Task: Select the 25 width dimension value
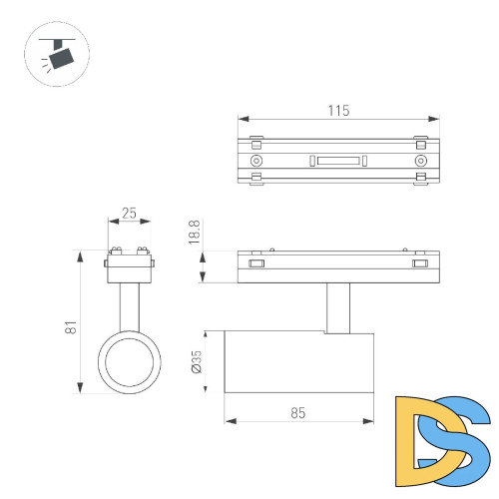(129, 214)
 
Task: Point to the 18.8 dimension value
(196, 236)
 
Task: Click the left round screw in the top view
(256, 161)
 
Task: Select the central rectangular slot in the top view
(338, 161)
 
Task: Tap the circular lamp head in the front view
(128, 362)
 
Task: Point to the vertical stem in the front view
(128, 304)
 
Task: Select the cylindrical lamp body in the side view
(299, 362)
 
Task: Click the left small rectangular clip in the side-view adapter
(256, 265)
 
